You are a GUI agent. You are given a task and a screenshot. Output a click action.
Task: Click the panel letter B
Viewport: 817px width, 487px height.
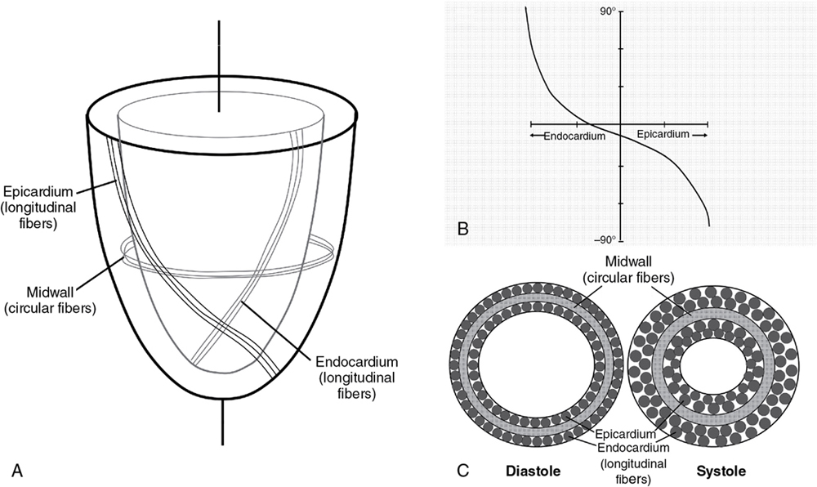(462, 230)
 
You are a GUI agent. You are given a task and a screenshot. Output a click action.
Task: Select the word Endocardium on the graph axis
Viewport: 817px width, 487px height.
(574, 136)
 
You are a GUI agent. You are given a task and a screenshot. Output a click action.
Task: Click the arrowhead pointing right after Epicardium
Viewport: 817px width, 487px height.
(701, 133)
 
